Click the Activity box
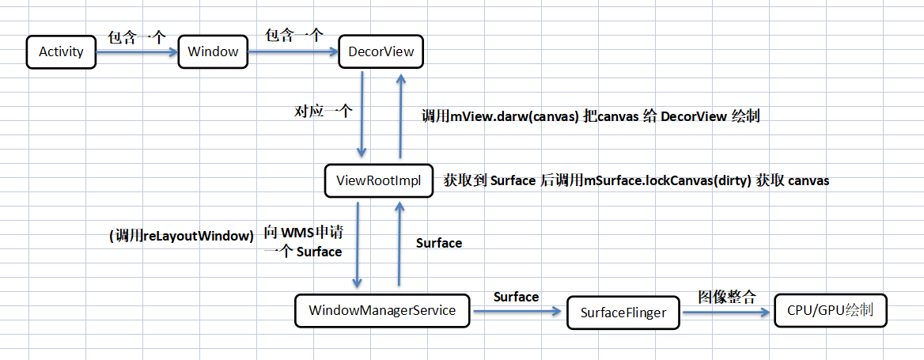click(x=61, y=52)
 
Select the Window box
click(x=213, y=52)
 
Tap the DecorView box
click(x=381, y=52)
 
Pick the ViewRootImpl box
click(x=378, y=180)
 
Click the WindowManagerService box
click(x=381, y=310)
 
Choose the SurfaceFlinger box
click(x=623, y=313)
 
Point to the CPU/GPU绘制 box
click(x=831, y=310)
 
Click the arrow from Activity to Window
click(x=137, y=53)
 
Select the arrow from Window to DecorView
click(x=292, y=53)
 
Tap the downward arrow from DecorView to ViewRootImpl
click(x=362, y=116)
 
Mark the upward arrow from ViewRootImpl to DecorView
click(x=400, y=116)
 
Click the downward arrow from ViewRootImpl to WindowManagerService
click(x=358, y=245)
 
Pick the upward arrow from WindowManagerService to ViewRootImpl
click(x=399, y=245)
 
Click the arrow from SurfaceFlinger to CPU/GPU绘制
click(x=726, y=313)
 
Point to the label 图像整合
click(x=726, y=297)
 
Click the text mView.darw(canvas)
click(x=515, y=116)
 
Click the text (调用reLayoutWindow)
click(x=181, y=235)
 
